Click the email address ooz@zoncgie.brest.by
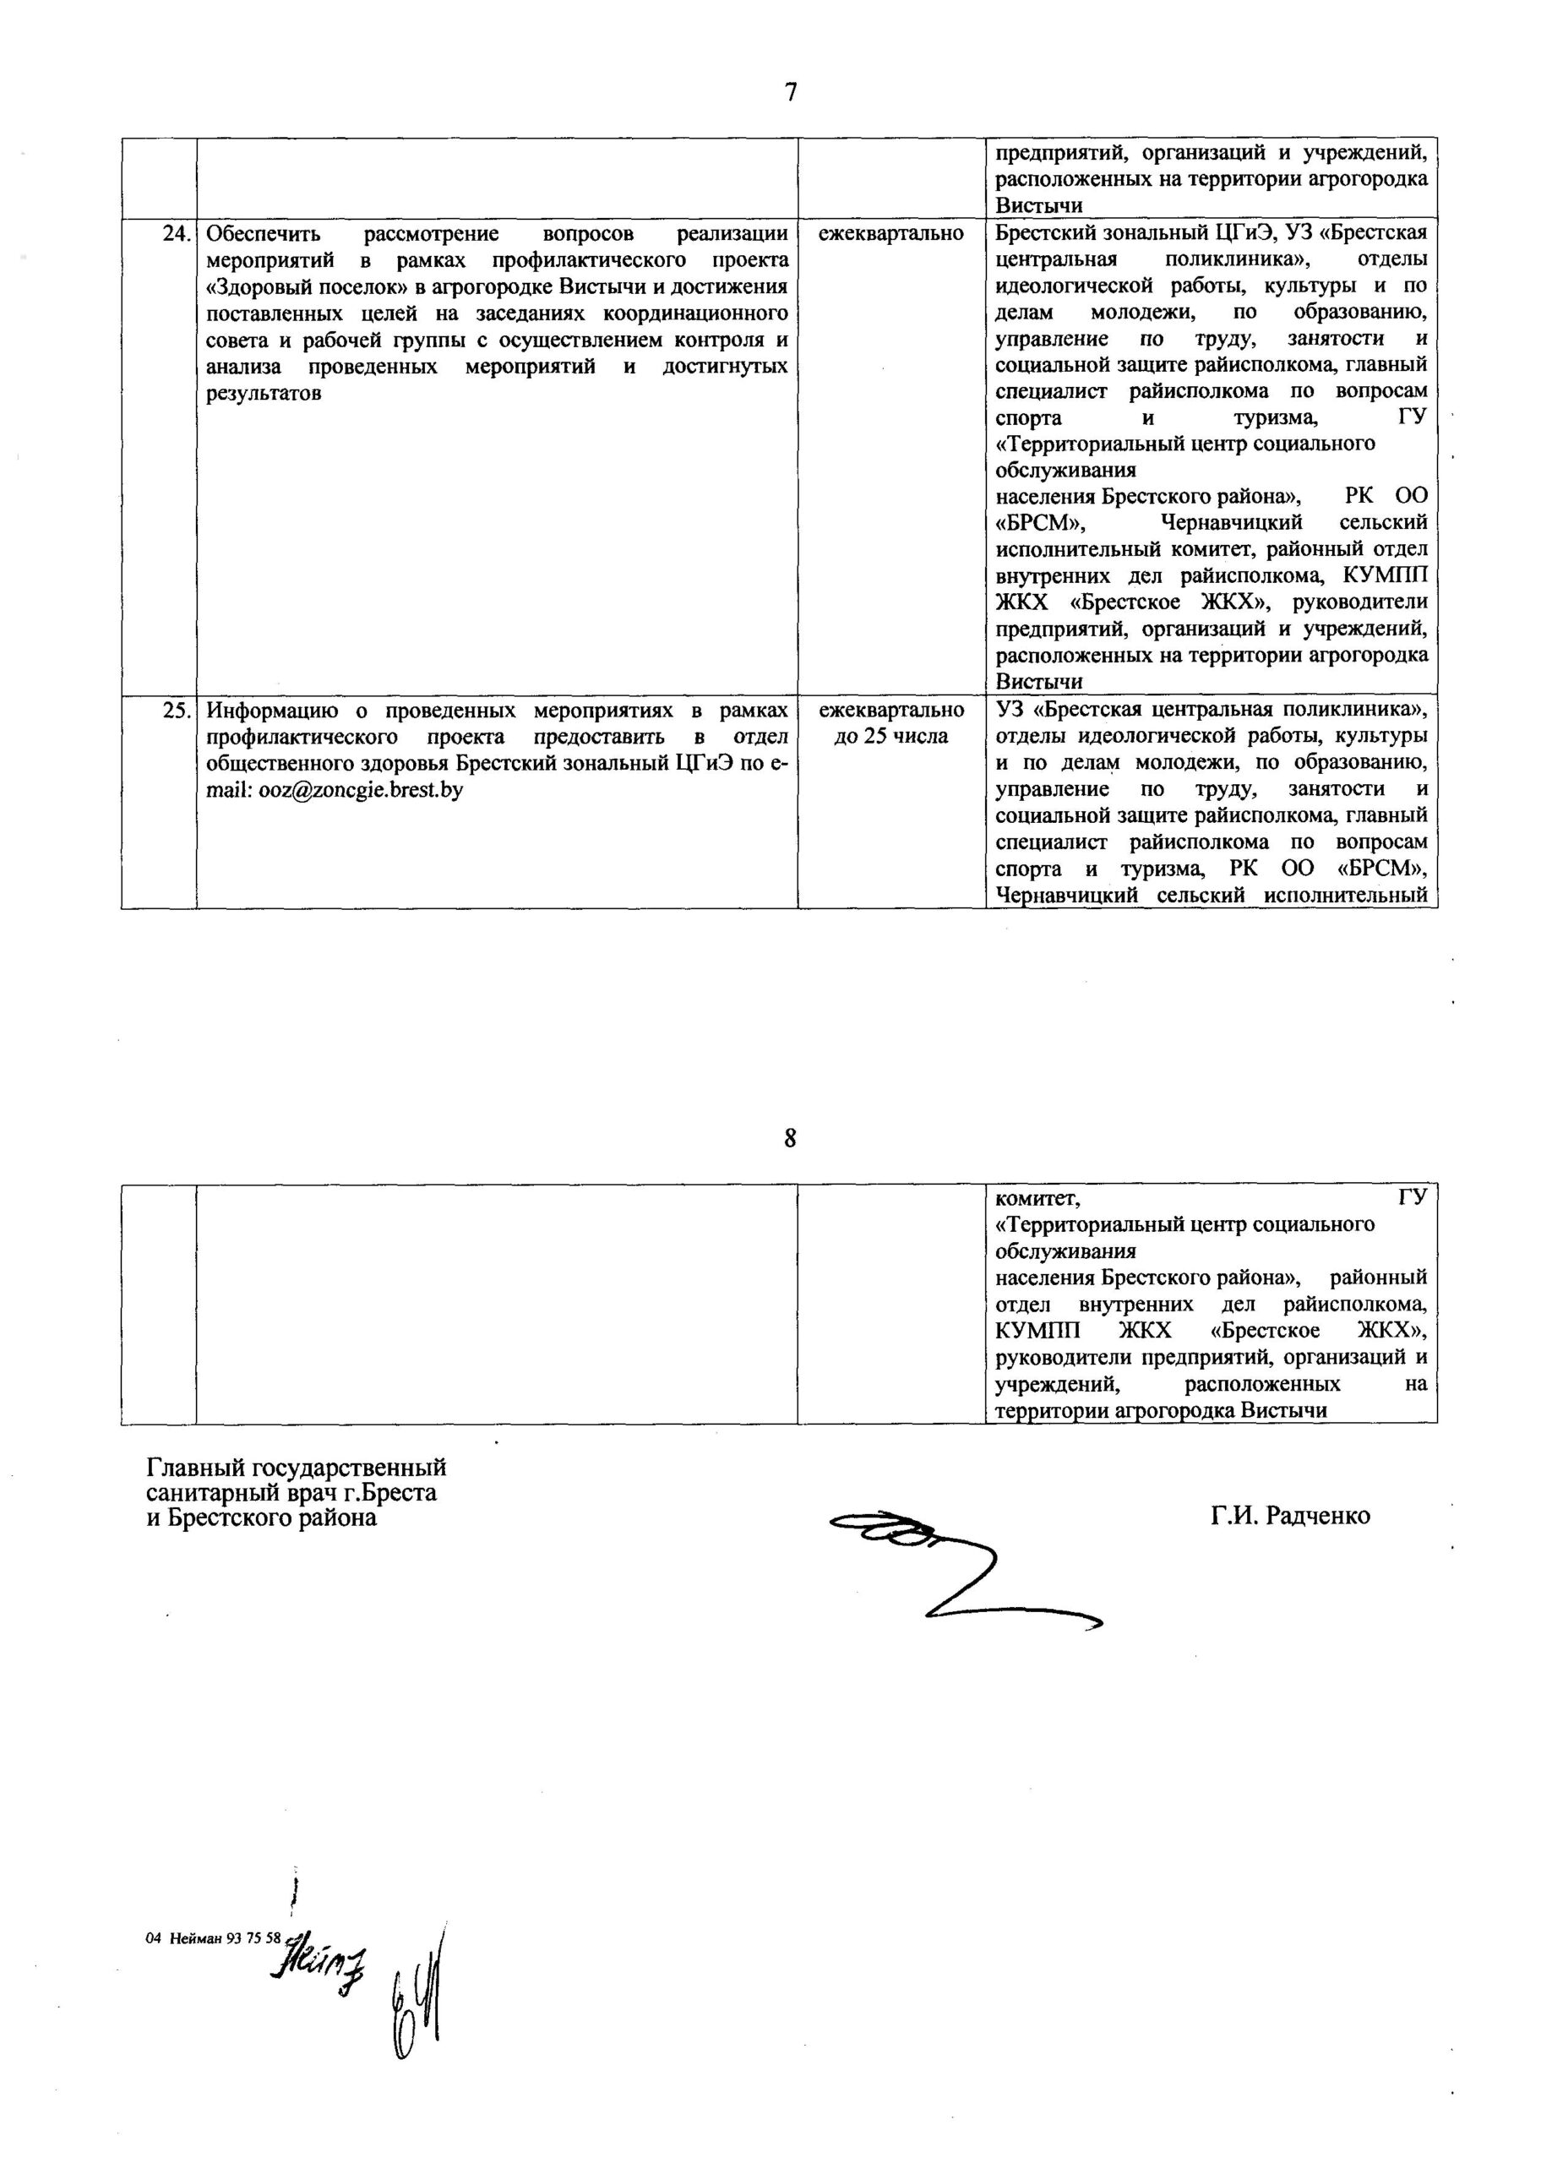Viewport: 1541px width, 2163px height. pos(361,789)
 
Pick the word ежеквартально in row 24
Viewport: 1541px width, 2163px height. pos(891,233)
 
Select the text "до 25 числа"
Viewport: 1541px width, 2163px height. pos(891,736)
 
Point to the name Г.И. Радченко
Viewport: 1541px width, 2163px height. pos(1289,1516)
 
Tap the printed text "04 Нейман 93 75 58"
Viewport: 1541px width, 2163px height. pos(214,1938)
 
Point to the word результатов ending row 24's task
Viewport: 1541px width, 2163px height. pos(263,393)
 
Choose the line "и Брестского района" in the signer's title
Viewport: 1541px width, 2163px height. pos(261,1517)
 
